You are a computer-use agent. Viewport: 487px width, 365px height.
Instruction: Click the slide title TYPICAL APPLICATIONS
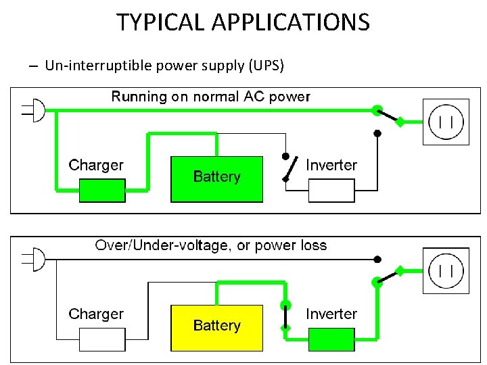point(243,22)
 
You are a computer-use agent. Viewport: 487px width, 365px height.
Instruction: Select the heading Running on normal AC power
point(210,97)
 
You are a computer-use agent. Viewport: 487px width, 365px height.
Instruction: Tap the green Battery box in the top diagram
point(216,179)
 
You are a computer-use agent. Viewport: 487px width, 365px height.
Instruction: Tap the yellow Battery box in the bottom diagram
point(216,328)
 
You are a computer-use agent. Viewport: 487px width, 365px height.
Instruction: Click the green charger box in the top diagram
point(102,191)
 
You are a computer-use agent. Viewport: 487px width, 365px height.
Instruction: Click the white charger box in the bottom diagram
point(102,339)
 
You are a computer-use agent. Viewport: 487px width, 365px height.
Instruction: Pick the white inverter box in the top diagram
point(331,191)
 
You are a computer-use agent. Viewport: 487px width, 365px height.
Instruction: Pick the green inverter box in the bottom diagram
point(331,339)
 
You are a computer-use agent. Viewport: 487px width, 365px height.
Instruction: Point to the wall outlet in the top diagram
point(446,122)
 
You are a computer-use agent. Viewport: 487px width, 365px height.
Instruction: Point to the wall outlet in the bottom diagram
point(446,271)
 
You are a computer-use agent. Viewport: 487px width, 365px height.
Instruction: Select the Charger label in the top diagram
point(96,165)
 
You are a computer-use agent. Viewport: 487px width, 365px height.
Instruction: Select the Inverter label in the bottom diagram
point(331,314)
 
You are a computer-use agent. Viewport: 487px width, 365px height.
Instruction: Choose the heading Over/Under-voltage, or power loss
point(210,245)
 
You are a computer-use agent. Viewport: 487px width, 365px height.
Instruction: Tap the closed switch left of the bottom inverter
point(286,316)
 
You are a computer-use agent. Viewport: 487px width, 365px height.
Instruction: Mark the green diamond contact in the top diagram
point(400,122)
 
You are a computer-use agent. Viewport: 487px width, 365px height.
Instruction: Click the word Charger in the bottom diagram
point(96,314)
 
